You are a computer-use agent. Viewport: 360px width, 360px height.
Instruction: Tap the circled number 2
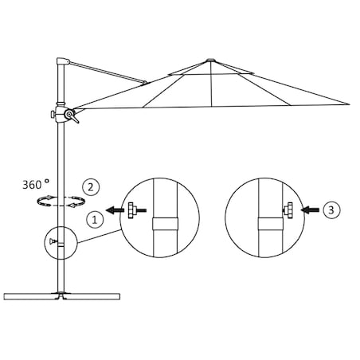point(93,187)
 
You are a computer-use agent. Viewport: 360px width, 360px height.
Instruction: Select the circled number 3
point(335,211)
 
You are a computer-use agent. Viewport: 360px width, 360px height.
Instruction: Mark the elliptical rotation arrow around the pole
point(61,202)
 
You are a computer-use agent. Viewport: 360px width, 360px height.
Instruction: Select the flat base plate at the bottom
point(61,298)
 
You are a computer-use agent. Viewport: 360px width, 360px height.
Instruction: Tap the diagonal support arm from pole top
point(112,72)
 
